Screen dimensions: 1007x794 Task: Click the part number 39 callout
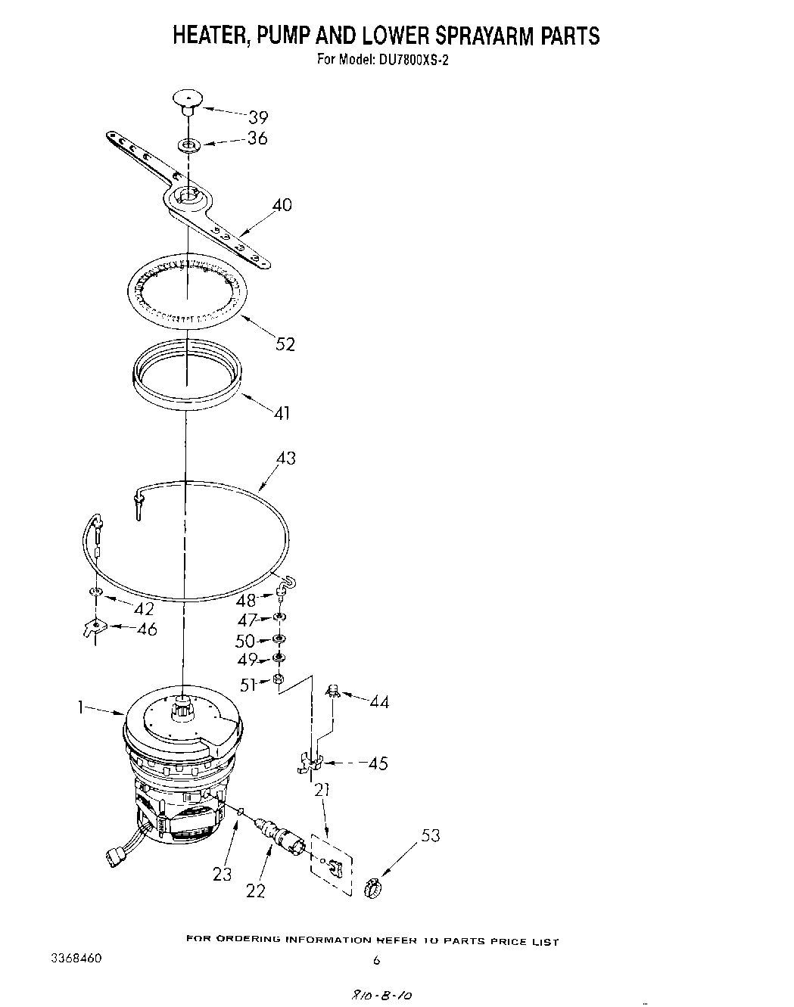click(258, 117)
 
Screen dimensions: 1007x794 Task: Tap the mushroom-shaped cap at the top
click(188, 99)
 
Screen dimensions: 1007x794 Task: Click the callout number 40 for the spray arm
click(281, 205)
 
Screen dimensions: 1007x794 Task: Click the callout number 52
click(285, 344)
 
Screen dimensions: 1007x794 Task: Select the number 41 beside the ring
click(281, 413)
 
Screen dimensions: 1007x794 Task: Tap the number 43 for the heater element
click(285, 458)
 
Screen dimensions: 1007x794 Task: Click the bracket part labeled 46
click(93, 627)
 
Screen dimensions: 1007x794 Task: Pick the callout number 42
click(143, 609)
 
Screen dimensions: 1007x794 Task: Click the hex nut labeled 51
click(278, 679)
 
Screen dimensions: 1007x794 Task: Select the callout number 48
click(246, 601)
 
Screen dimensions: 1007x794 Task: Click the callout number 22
click(256, 891)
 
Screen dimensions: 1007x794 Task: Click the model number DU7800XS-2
click(409, 61)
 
